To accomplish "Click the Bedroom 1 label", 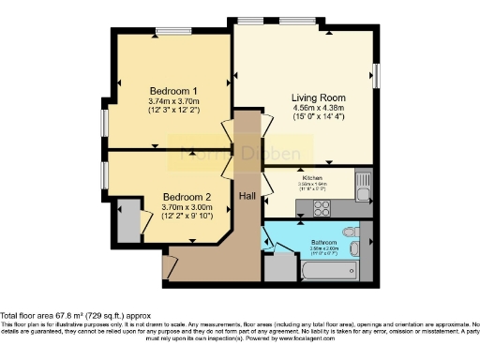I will pyautogui.click(x=170, y=91).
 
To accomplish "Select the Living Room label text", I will pyautogui.click(x=292, y=97).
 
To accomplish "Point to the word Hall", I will pyautogui.click(x=247, y=197).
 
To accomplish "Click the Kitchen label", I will pyautogui.click(x=312, y=176).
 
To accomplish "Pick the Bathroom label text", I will pyautogui.click(x=325, y=243).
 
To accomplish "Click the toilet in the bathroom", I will pyautogui.click(x=350, y=231).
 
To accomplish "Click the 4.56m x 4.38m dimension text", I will pyautogui.click(x=292, y=108).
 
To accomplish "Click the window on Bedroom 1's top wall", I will pyautogui.click(x=170, y=34).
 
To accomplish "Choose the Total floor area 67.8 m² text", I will pyautogui.click(x=75, y=316).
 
